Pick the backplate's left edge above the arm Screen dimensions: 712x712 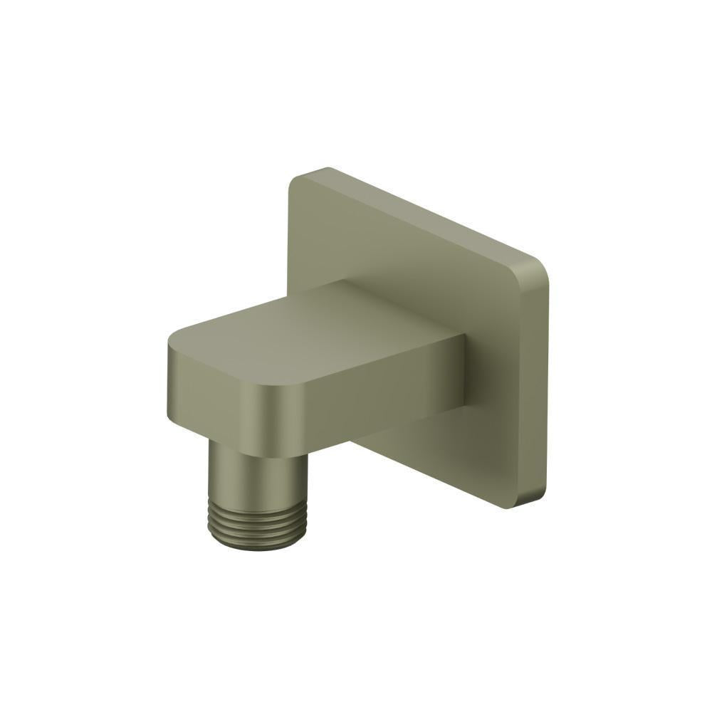click(290, 242)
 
